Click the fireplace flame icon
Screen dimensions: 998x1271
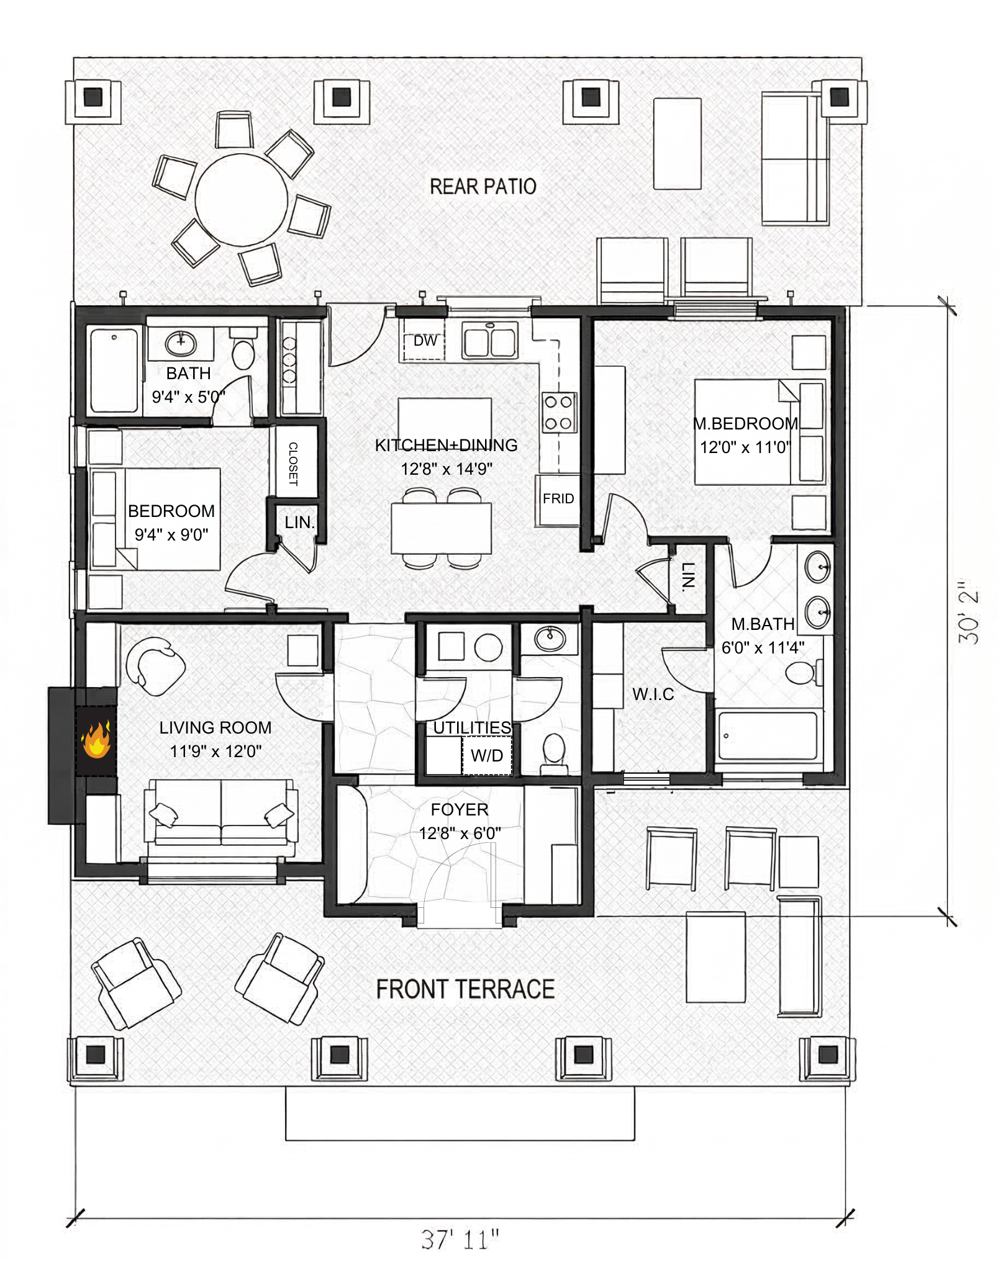point(96,739)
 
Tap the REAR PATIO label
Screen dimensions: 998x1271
point(483,186)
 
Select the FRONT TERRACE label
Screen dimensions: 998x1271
point(465,989)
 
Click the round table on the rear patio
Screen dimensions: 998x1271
point(242,200)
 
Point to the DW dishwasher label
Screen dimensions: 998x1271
point(425,341)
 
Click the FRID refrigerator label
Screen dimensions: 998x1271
point(558,499)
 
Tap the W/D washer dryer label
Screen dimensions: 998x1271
point(487,756)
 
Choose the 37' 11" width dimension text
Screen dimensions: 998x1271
point(460,1239)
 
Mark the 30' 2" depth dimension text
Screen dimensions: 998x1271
point(969,612)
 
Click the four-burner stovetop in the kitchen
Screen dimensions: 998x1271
point(559,413)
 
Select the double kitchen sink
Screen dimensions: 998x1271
point(491,341)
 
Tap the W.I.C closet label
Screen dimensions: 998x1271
point(653,694)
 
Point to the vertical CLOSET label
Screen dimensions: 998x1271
point(293,464)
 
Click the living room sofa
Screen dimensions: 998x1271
point(221,812)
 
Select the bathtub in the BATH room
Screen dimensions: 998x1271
point(114,371)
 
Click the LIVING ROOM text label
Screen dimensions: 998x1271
point(215,727)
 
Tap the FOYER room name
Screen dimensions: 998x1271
point(460,809)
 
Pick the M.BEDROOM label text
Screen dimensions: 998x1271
point(745,424)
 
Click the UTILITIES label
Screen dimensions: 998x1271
point(472,727)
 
